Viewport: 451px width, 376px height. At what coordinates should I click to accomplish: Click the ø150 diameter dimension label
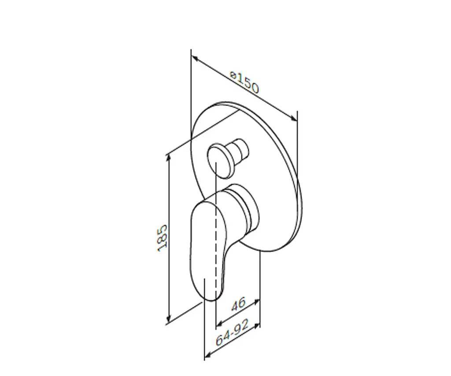click(245, 82)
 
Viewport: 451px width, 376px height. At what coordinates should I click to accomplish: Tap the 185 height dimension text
click(162, 238)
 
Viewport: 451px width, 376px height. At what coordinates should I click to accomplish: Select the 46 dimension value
click(238, 304)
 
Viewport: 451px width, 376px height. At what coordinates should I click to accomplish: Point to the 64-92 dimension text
click(232, 333)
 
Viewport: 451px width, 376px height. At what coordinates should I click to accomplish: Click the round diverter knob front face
click(220, 161)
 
